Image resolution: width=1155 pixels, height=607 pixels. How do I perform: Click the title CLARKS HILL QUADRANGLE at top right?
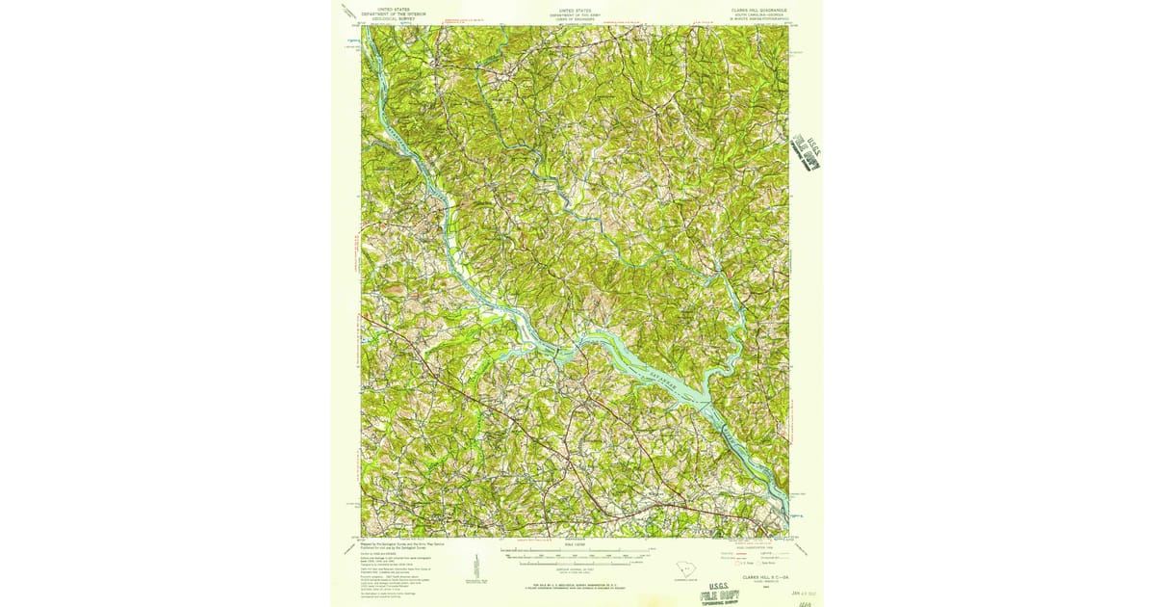(759, 10)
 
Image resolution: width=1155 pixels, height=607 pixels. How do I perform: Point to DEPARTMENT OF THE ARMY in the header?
(577, 14)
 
